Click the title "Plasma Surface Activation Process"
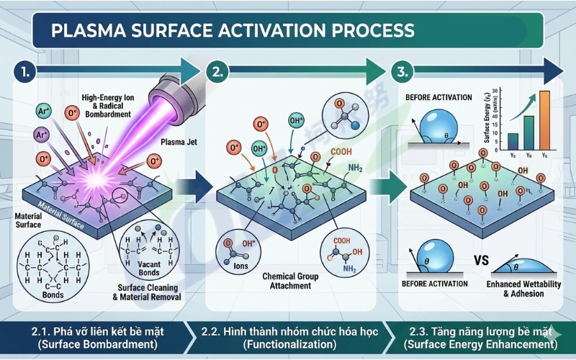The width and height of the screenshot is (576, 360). coord(223,31)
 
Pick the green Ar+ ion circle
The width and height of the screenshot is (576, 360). coord(45,111)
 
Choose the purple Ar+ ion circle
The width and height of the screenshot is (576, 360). coord(40,134)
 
